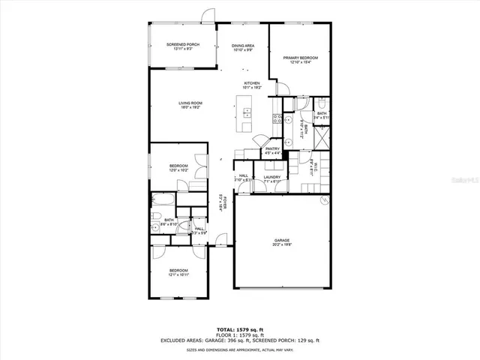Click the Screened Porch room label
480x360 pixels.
(x=182, y=46)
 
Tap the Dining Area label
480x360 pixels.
(x=242, y=46)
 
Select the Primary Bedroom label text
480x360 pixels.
(x=300, y=59)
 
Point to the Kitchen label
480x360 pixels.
(x=251, y=85)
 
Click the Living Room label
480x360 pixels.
(x=190, y=104)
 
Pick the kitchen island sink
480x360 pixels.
(x=247, y=113)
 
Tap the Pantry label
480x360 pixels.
(x=273, y=151)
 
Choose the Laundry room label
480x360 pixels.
(x=271, y=178)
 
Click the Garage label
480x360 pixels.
(x=281, y=241)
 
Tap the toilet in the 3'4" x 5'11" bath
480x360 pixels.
(x=319, y=103)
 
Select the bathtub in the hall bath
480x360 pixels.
(x=163, y=200)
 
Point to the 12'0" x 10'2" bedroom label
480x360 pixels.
(x=178, y=168)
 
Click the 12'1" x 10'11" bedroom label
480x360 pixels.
(x=178, y=272)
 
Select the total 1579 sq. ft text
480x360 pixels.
(x=240, y=329)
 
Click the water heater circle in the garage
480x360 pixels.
(x=324, y=200)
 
